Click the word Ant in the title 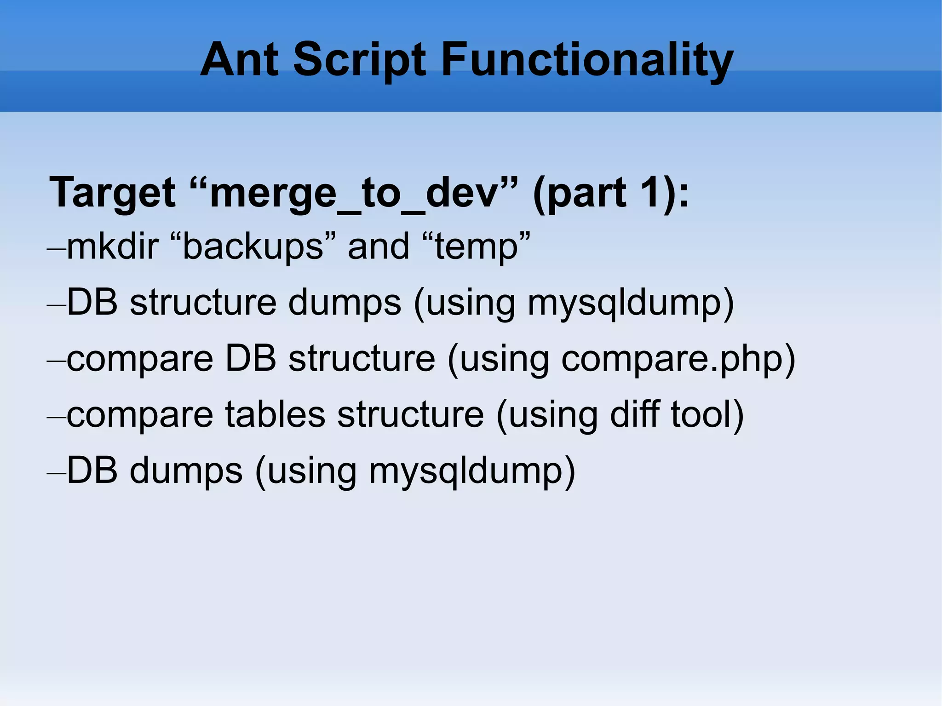point(239,60)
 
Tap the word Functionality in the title point(587,60)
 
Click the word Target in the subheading point(112,193)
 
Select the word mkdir point(113,247)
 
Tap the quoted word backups point(253,247)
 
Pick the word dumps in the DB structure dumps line point(345,304)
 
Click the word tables point(275,415)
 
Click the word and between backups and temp point(378,247)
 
